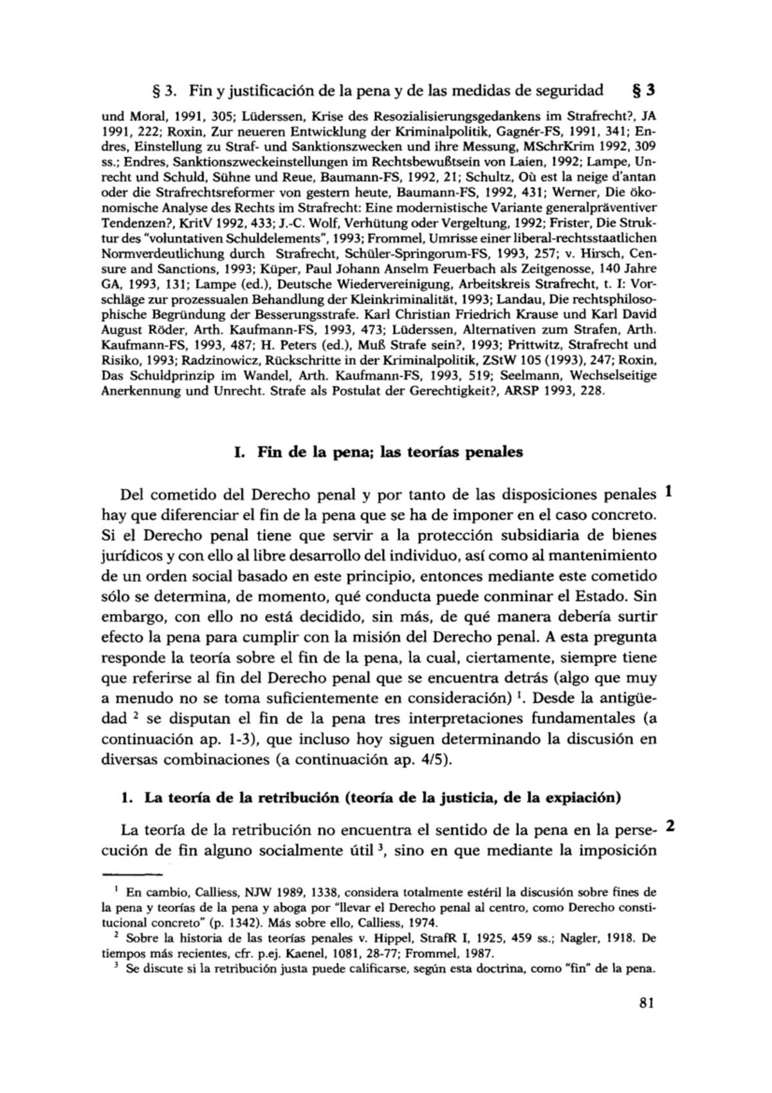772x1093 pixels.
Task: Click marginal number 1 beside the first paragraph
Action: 669,492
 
